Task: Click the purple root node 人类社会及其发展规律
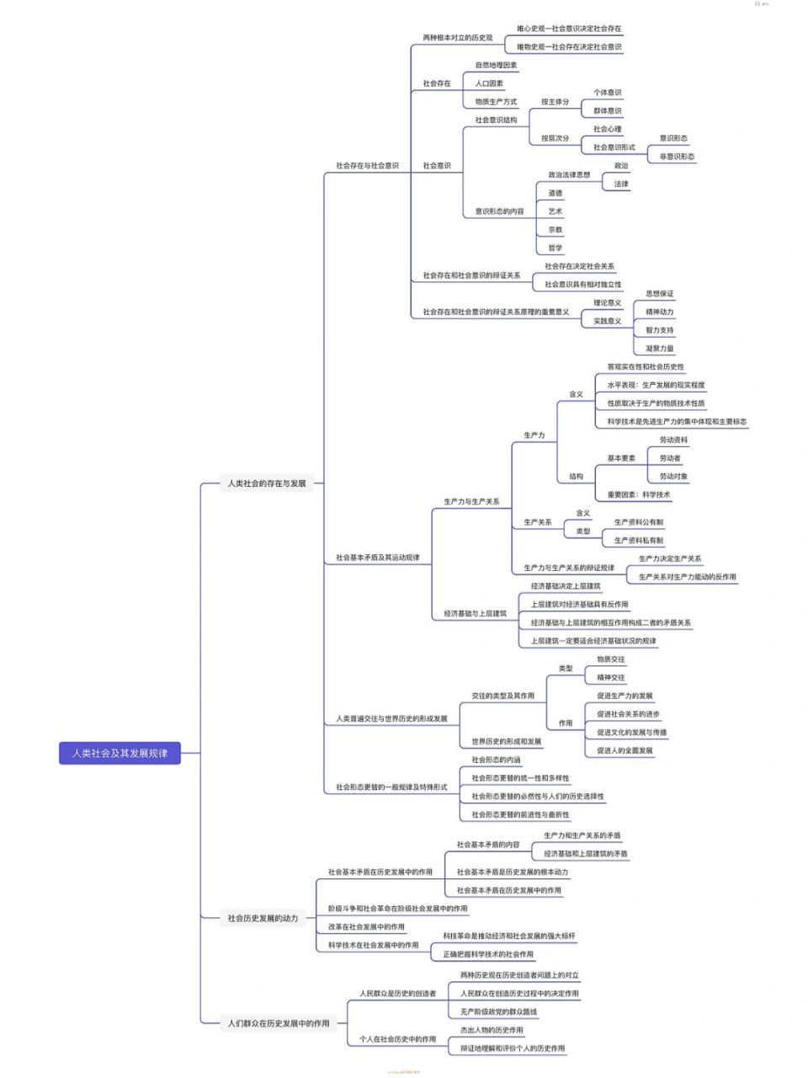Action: [x=120, y=753]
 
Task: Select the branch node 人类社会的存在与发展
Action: [x=267, y=483]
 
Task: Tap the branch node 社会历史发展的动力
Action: [x=263, y=918]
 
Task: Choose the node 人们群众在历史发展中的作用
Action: [x=279, y=1023]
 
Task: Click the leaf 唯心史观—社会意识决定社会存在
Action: [x=569, y=29]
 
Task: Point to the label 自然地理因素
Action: [x=496, y=65]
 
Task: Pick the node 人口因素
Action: [x=489, y=83]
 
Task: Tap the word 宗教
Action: [x=555, y=230]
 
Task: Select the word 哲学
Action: [x=555, y=248]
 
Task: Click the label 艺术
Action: [x=555, y=211]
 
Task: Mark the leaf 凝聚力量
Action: [x=660, y=349]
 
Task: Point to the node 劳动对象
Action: [x=673, y=477]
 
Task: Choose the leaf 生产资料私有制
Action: [x=638, y=541]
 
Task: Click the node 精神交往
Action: [x=611, y=678]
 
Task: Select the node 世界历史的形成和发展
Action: [x=507, y=742]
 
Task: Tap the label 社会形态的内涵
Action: [x=496, y=760]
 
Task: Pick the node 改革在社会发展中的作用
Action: [x=366, y=926]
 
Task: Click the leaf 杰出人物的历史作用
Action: [x=492, y=1030]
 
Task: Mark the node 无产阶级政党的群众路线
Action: [x=498, y=1011]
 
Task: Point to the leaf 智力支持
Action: [x=660, y=330]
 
